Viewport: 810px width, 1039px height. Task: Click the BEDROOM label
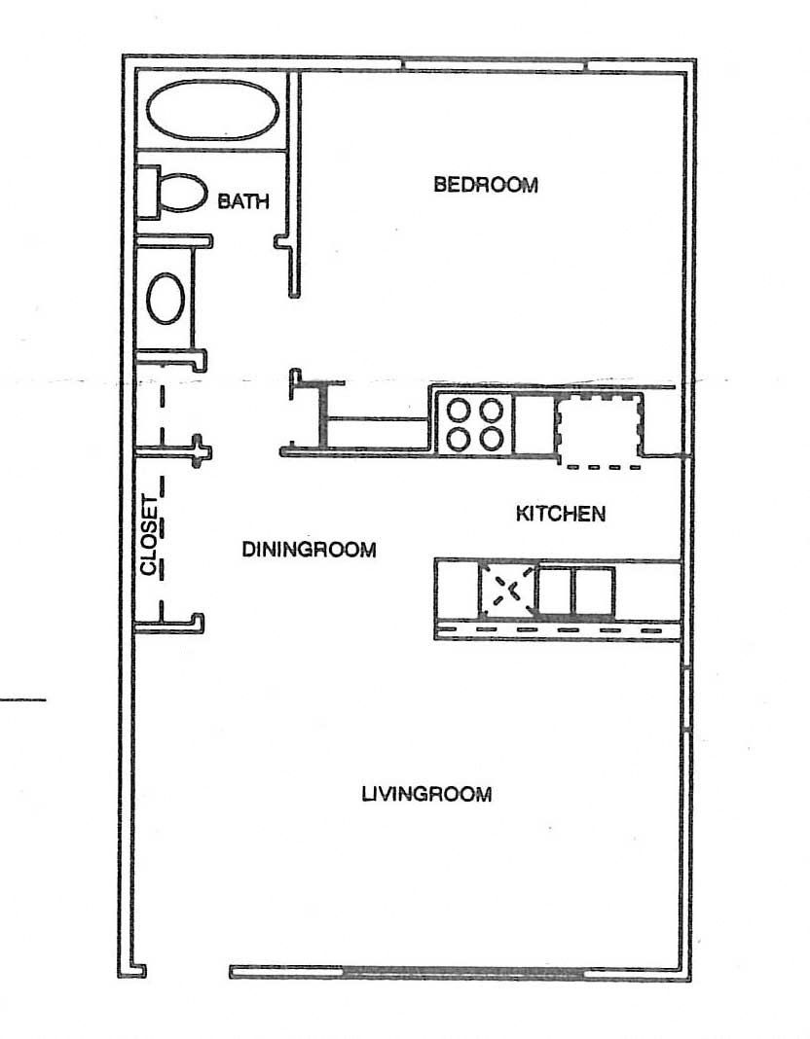pyautogui.click(x=486, y=185)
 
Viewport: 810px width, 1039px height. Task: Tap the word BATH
pyautogui.click(x=243, y=201)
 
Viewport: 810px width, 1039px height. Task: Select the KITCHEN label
pyautogui.click(x=560, y=514)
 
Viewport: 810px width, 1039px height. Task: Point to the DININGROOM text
pyautogui.click(x=309, y=550)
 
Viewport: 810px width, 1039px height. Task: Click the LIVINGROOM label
pyautogui.click(x=426, y=794)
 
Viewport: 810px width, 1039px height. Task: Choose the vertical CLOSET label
pyautogui.click(x=149, y=536)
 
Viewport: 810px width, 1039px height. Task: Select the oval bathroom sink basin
pyautogui.click(x=166, y=298)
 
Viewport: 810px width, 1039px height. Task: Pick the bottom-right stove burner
pyautogui.click(x=493, y=438)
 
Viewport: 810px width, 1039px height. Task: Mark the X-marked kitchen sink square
pyautogui.click(x=508, y=589)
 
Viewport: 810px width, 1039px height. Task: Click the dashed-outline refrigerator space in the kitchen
pyautogui.click(x=600, y=429)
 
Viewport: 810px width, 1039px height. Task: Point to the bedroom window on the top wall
pyautogui.click(x=496, y=64)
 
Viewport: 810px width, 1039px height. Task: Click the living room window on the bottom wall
pyautogui.click(x=463, y=971)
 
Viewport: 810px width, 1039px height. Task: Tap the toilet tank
pyautogui.click(x=147, y=191)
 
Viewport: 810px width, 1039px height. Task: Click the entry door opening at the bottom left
pyautogui.click(x=187, y=970)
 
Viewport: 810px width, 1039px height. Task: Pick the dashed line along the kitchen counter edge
pyautogui.click(x=556, y=630)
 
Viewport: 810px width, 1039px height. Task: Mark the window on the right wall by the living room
pyautogui.click(x=688, y=699)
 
